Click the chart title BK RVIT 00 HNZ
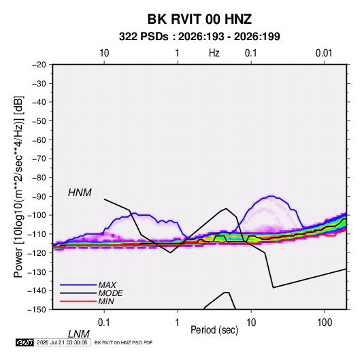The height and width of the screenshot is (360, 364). [199, 19]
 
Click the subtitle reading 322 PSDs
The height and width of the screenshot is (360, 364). [144, 37]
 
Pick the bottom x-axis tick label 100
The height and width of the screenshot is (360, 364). [325, 323]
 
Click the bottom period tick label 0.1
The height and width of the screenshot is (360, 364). [104, 323]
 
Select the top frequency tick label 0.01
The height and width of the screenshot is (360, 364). [324, 53]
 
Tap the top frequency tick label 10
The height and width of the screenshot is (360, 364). [104, 53]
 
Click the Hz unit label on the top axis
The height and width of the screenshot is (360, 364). [214, 53]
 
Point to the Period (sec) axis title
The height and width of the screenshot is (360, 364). [214, 330]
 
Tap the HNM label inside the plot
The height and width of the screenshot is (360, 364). [80, 193]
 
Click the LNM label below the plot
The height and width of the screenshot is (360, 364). [79, 334]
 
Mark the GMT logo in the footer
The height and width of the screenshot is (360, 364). [25, 342]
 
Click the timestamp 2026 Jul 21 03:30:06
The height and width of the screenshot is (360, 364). [62, 342]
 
